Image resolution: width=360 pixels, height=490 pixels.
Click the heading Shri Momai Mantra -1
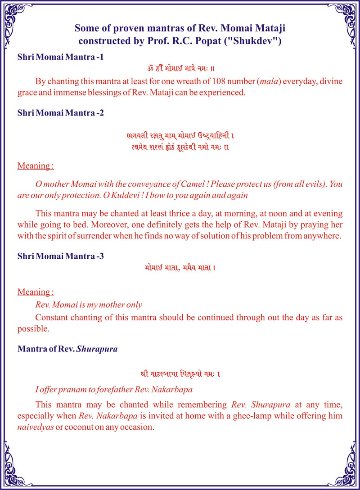(61, 58)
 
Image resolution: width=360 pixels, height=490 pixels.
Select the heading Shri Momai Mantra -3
(61, 256)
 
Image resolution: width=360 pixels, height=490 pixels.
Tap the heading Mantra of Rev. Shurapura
(67, 349)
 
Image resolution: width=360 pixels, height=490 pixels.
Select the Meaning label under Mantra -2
(36, 166)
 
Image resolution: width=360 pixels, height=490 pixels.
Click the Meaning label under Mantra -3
(36, 292)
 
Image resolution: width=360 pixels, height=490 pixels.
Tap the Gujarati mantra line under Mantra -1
(180, 69)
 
